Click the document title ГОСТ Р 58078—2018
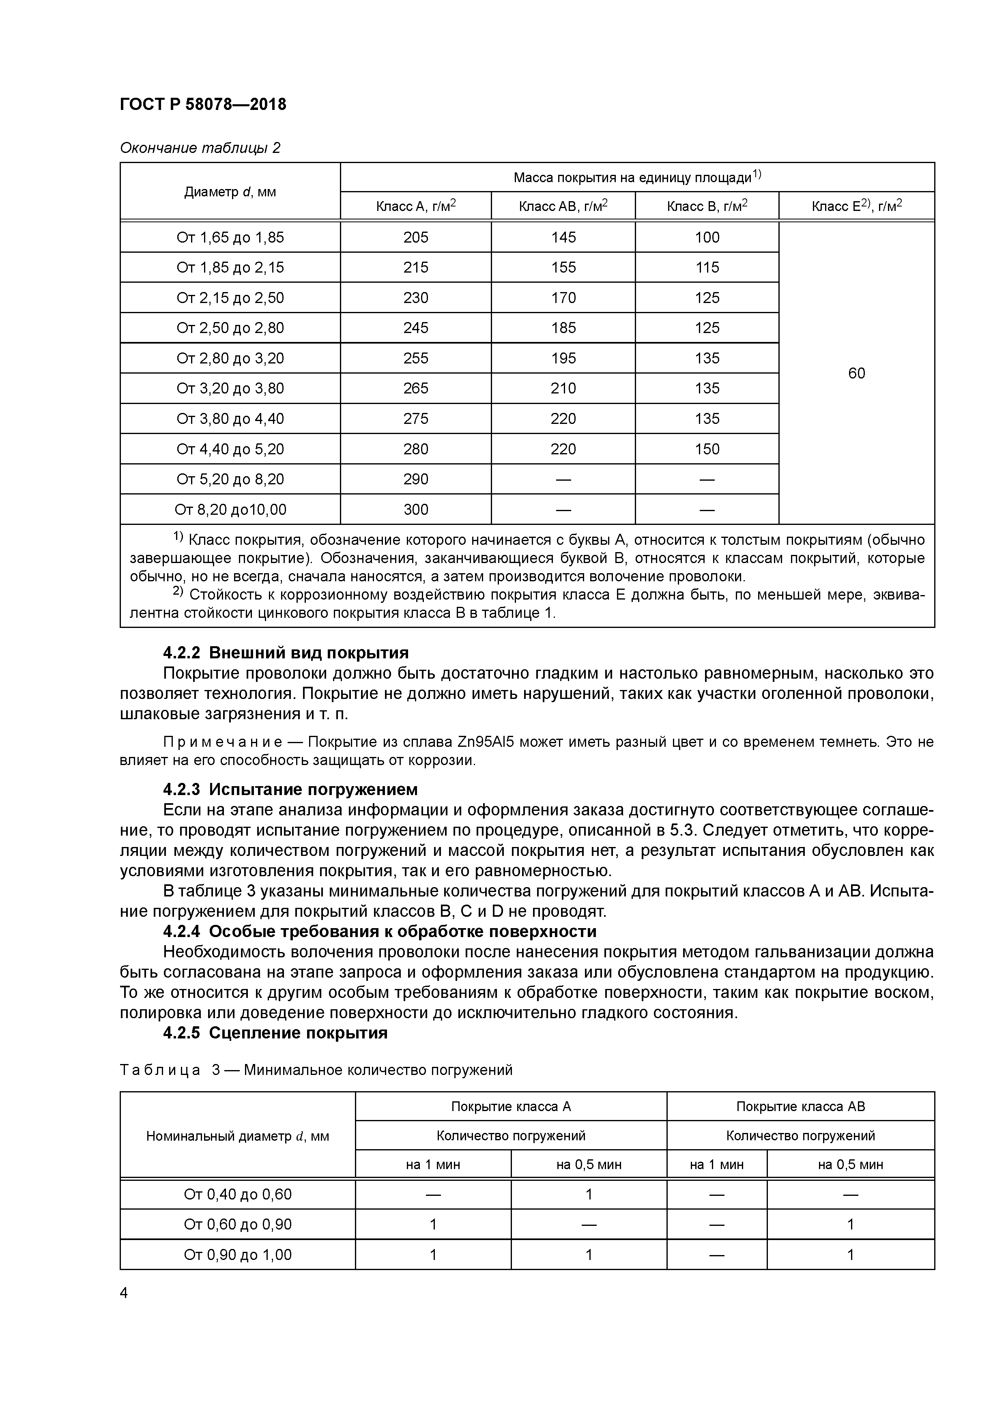tap(203, 105)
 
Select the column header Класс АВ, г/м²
tap(563, 206)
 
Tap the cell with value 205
tap(415, 237)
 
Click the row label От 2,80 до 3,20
tap(230, 358)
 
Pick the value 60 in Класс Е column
tap(856, 373)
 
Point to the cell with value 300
tap(415, 509)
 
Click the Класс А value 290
tap(415, 479)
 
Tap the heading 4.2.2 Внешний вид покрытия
tap(285, 653)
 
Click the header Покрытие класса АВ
tap(800, 1106)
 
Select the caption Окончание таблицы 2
tap(200, 148)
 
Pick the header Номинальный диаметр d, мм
tap(237, 1136)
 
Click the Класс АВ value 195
tap(563, 358)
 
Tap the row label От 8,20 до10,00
tap(230, 509)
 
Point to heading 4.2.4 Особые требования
tap(379, 931)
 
